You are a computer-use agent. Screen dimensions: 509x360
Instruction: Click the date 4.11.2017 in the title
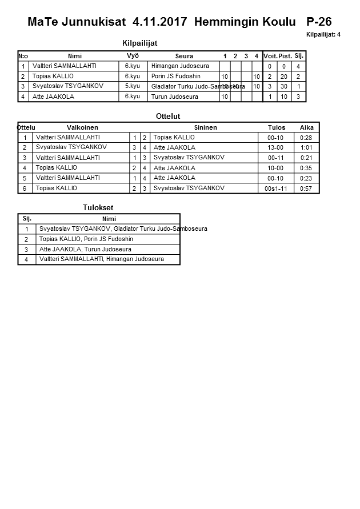click(161, 22)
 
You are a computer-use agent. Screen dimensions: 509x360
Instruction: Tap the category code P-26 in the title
click(319, 22)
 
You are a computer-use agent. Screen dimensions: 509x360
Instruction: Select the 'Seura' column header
click(184, 56)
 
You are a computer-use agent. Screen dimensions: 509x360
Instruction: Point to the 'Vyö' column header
click(133, 55)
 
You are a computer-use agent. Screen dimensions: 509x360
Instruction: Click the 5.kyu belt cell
click(133, 86)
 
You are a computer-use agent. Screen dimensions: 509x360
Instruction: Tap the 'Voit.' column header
click(270, 56)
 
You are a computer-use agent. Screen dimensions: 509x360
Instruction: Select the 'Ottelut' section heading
click(168, 117)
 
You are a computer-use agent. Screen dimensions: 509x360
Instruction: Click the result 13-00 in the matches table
click(275, 147)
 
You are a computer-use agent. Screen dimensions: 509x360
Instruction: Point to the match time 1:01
click(307, 147)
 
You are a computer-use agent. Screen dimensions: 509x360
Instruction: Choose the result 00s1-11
click(275, 189)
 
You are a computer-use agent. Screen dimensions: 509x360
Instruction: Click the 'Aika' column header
click(307, 127)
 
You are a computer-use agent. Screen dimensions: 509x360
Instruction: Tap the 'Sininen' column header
click(205, 127)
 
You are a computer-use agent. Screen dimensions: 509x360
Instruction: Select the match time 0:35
click(307, 168)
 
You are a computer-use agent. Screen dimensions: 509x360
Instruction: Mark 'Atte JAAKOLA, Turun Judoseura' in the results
click(85, 250)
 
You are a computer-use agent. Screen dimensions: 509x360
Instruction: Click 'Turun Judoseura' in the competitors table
click(175, 97)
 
